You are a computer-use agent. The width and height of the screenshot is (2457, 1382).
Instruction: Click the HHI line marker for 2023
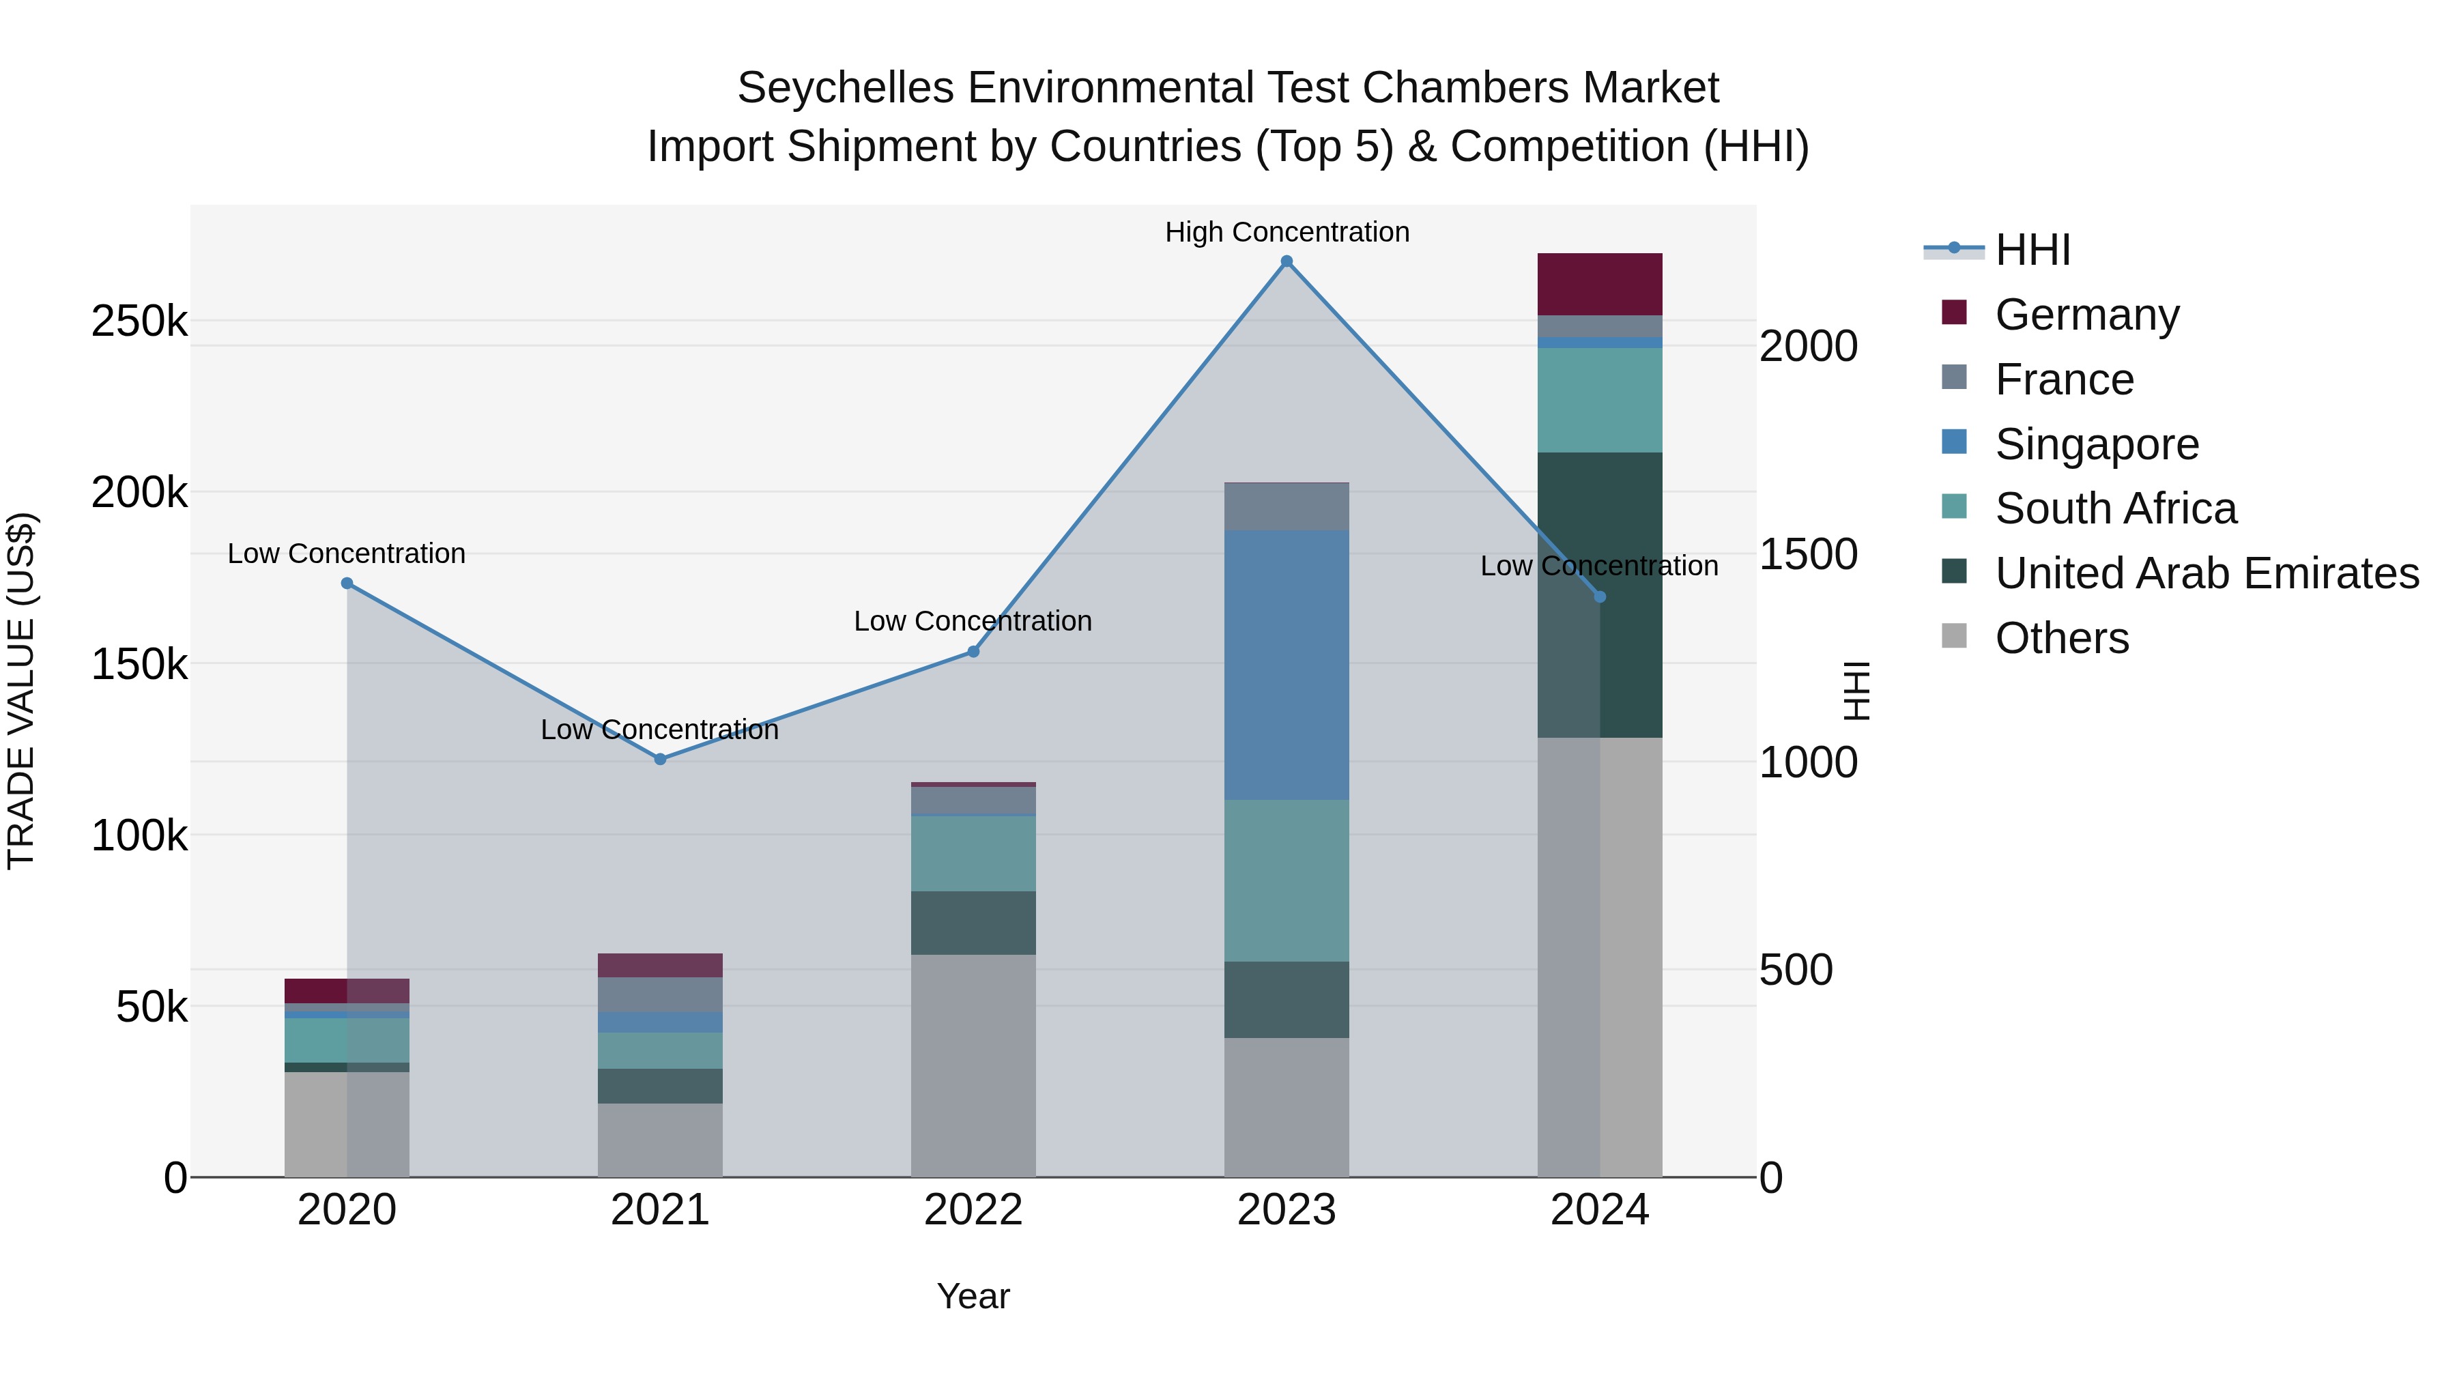[x=1286, y=261]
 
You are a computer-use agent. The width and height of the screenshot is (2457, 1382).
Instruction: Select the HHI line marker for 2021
[x=660, y=759]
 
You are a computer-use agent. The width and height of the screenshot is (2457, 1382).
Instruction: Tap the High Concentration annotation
[x=1286, y=232]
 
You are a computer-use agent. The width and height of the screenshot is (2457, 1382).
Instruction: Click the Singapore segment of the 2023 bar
[x=1286, y=665]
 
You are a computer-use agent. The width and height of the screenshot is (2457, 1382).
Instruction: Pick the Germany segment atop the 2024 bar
[x=1600, y=284]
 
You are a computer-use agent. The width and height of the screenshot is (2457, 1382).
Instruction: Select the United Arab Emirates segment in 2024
[x=1600, y=594]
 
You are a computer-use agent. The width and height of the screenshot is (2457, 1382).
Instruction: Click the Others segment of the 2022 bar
[x=973, y=1065]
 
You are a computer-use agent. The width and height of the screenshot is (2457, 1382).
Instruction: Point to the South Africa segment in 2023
[x=1286, y=880]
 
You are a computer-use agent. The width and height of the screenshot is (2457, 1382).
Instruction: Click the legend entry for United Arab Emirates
[x=2206, y=573]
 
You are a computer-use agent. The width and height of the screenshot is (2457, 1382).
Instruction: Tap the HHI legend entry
[x=2032, y=250]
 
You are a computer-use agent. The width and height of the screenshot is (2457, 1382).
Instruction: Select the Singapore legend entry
[x=2095, y=444]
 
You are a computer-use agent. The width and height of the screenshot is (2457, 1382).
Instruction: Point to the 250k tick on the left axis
[x=139, y=321]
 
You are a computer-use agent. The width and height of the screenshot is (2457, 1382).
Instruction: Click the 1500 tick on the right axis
[x=1807, y=554]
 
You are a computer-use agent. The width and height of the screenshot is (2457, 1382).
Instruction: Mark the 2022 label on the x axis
[x=973, y=1209]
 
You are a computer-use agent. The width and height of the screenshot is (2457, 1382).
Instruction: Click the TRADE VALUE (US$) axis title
[x=22, y=691]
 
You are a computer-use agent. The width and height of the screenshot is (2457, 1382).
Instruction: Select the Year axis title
[x=973, y=1296]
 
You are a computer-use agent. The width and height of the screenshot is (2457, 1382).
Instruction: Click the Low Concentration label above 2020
[x=346, y=553]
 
